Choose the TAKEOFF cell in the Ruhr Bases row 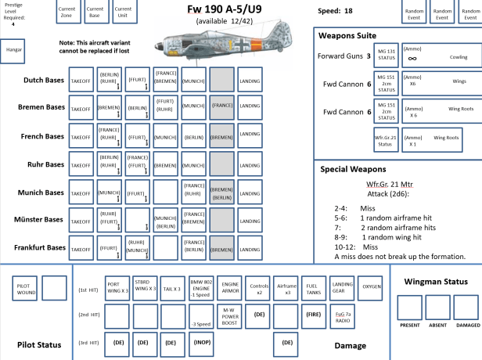click(81, 164)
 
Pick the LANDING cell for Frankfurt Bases click(250, 249)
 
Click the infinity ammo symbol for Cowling click(412, 59)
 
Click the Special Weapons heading click(353, 169)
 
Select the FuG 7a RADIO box click(344, 315)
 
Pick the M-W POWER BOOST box click(230, 315)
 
